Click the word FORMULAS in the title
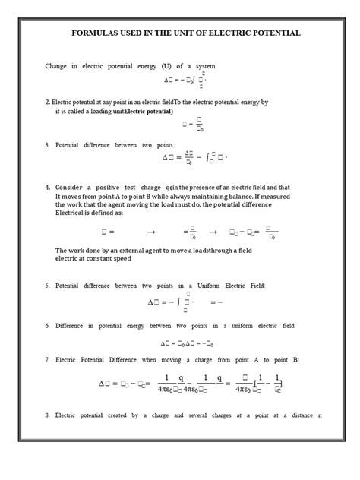pyautogui.click(x=95, y=33)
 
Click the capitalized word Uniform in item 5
pyautogui.click(x=235, y=286)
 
